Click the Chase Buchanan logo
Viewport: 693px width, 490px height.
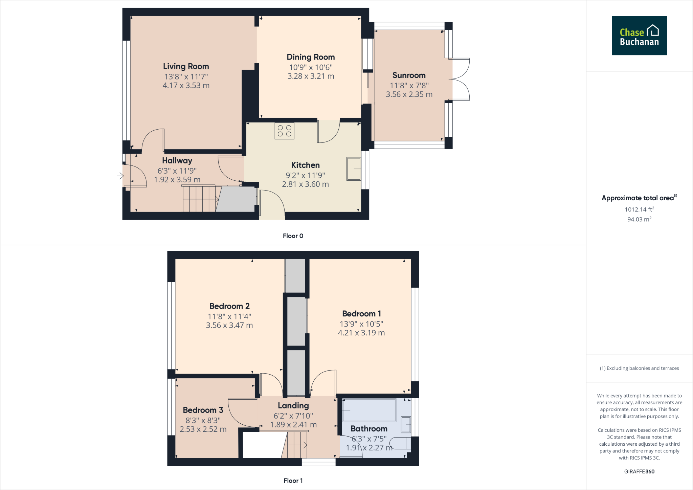click(x=639, y=36)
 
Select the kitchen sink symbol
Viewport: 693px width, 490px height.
click(x=354, y=169)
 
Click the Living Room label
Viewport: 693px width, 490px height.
click(x=186, y=66)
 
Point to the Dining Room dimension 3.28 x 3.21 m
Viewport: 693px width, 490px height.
click(x=311, y=76)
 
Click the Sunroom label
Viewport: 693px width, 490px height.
click(x=409, y=75)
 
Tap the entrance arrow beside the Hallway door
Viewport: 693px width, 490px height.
click(x=120, y=176)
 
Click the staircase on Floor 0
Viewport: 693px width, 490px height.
click(x=200, y=199)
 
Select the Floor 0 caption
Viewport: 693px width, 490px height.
click(x=293, y=236)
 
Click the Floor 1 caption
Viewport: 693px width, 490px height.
click(x=293, y=481)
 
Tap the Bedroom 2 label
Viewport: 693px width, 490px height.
click(x=229, y=306)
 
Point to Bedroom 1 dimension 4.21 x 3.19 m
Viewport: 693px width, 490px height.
click(x=361, y=333)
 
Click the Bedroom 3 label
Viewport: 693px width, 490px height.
click(x=203, y=410)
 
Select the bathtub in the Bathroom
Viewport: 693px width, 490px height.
click(x=369, y=410)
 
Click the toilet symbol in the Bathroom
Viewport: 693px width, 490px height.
click(x=400, y=443)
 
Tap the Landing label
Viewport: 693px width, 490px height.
click(x=293, y=405)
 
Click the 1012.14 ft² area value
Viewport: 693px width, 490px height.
click(x=639, y=209)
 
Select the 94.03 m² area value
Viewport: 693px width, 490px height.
click(x=639, y=219)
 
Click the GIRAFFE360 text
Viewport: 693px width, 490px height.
click(x=639, y=471)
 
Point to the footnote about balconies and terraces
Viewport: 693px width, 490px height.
click(x=639, y=368)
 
